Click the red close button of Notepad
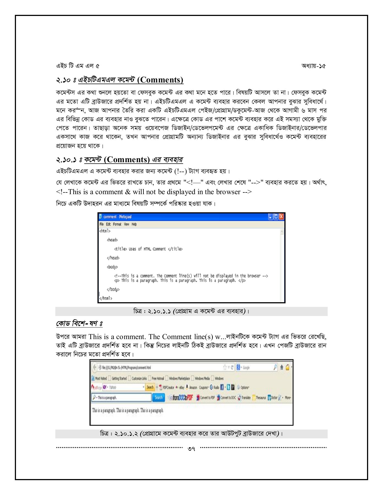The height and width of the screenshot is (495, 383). coord(281,217)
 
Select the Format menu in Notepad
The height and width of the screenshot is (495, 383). coord(117,224)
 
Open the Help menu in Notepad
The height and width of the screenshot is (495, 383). coord(134,224)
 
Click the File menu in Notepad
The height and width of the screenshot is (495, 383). coord(102,224)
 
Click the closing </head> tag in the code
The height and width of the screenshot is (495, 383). coord(113,258)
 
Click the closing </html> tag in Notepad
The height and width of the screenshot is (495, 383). coord(106,298)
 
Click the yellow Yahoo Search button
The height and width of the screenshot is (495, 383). coord(150,387)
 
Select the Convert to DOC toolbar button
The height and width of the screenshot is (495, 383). coord(226,398)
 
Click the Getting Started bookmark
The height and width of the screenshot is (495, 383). coord(119,378)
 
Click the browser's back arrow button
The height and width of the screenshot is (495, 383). coord(94,367)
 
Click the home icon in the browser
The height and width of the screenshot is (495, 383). coord(282,367)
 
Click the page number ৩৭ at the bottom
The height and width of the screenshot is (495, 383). coord(191,449)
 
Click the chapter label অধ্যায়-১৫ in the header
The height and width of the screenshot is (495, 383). coord(313,66)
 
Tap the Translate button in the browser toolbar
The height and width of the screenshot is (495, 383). coord(244,398)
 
